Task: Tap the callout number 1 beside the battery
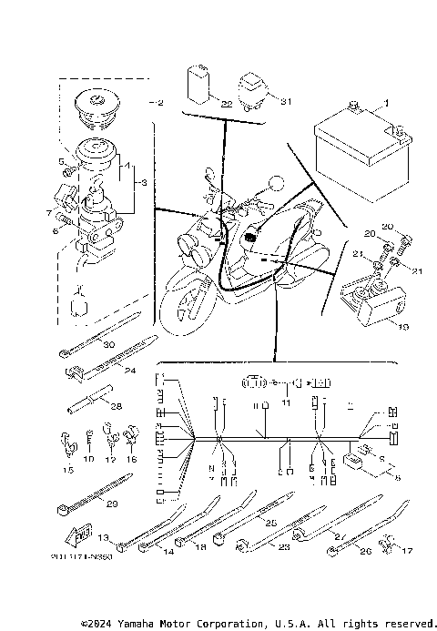[385, 104]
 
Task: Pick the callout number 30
[108, 345]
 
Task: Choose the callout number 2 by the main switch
[160, 102]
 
